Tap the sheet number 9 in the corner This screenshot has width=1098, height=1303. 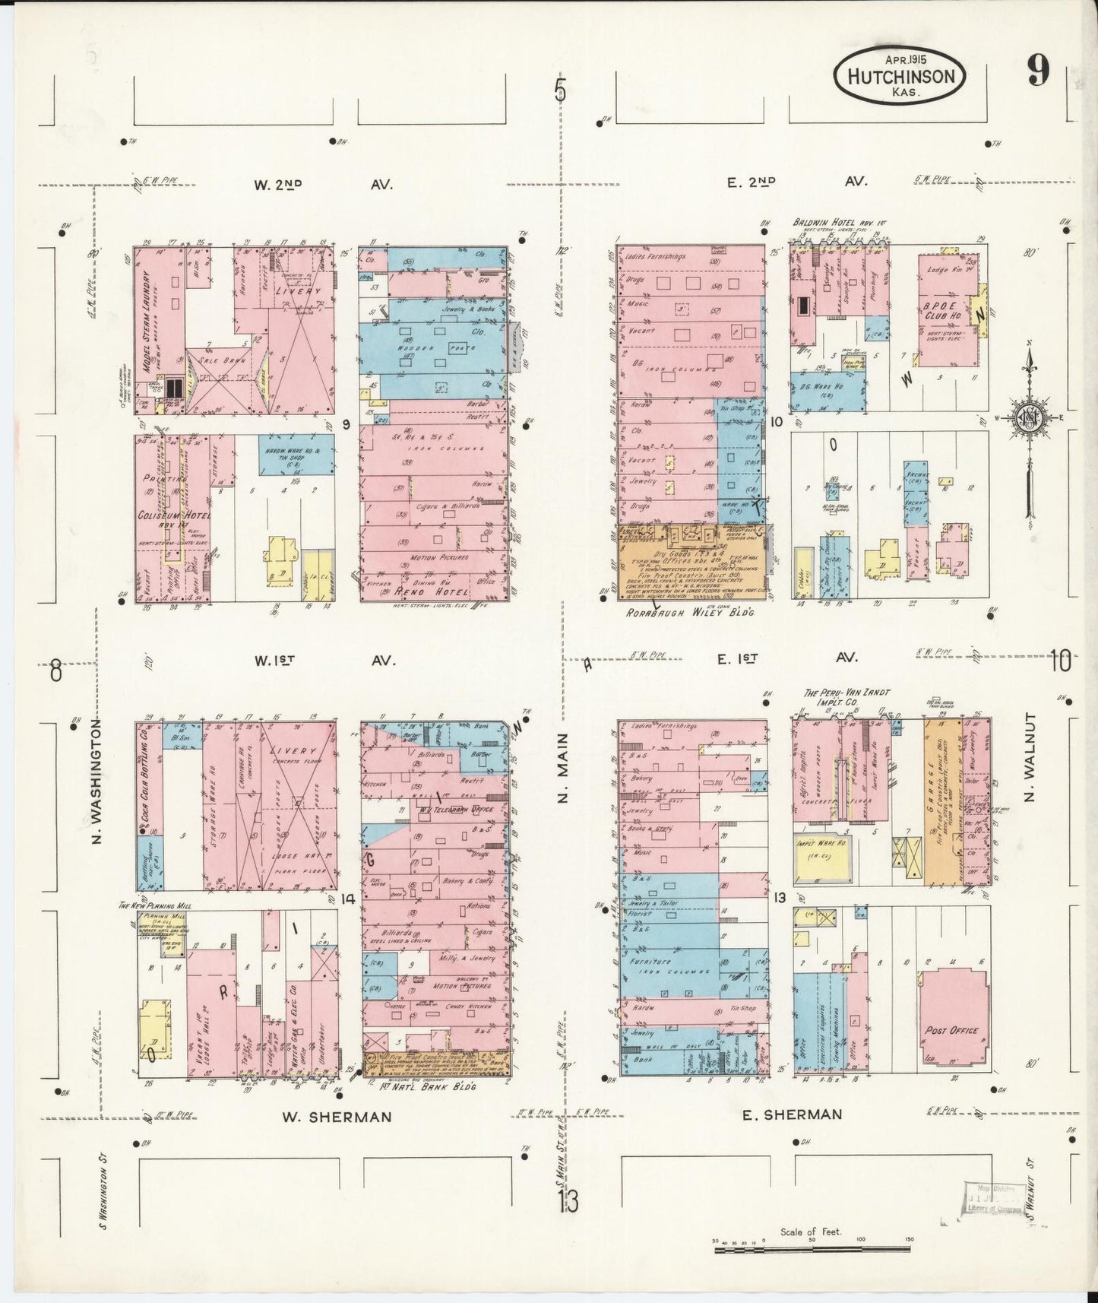pos(1038,71)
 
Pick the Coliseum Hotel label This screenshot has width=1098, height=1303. pos(172,515)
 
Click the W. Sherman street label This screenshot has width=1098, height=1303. pos(337,1117)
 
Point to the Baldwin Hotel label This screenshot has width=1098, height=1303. pos(838,223)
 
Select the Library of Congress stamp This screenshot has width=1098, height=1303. pos(993,1202)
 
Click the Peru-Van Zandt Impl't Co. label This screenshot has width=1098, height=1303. pos(846,698)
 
